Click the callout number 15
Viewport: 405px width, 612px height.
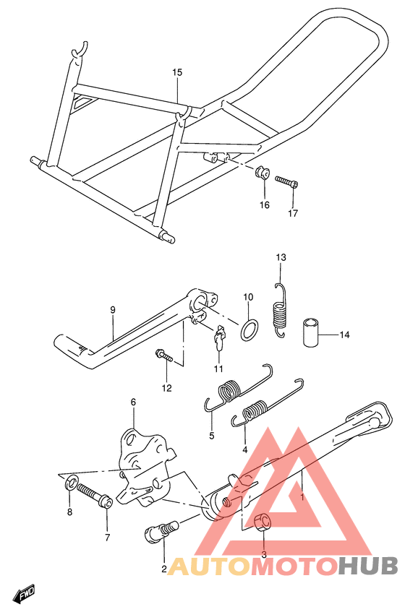[177, 72]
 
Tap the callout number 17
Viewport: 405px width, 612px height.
[293, 213]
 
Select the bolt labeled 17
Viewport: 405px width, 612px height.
[287, 181]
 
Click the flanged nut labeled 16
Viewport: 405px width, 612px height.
[261, 172]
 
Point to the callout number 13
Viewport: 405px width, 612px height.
[281, 257]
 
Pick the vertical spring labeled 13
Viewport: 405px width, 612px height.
[279, 310]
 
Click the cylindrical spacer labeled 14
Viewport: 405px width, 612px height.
[311, 332]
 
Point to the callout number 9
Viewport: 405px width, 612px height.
[113, 310]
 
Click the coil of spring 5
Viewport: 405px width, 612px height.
[230, 390]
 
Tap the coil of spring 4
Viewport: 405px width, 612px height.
[255, 411]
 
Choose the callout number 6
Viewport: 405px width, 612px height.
[133, 402]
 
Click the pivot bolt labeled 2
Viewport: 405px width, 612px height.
[161, 531]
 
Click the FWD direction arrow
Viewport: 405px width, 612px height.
[24, 593]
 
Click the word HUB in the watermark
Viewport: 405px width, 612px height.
[368, 566]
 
